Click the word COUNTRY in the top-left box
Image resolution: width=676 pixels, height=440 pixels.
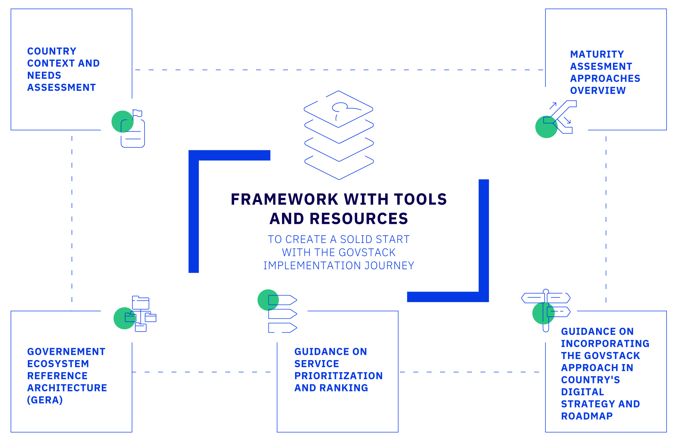coord(52,51)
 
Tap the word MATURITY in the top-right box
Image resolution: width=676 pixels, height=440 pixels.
coord(597,55)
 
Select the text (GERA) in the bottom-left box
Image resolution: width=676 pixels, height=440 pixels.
coord(45,400)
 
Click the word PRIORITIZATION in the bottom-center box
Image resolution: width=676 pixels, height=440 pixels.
coord(338,376)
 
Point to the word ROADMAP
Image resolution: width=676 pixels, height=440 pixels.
coord(587,416)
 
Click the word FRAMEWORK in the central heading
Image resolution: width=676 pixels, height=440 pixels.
coord(284,199)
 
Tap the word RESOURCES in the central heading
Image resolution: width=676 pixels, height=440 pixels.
coord(359,219)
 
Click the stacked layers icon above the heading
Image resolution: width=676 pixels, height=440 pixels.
coord(339,135)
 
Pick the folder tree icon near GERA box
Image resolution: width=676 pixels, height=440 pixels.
coord(141,314)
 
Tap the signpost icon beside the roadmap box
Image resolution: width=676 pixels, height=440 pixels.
coord(546,310)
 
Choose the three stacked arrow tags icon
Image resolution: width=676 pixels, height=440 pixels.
coord(282,314)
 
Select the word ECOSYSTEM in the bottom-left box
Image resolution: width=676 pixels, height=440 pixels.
coord(58,364)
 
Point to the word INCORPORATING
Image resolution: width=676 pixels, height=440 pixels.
coord(605,344)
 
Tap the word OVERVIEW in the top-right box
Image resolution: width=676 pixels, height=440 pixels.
coord(598,91)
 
